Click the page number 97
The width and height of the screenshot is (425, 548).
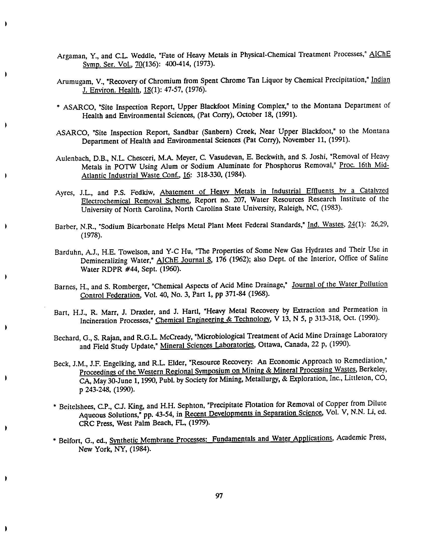coord(219,496)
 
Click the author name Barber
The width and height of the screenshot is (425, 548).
coord(67,227)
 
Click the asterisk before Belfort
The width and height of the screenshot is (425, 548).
coord(54,440)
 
